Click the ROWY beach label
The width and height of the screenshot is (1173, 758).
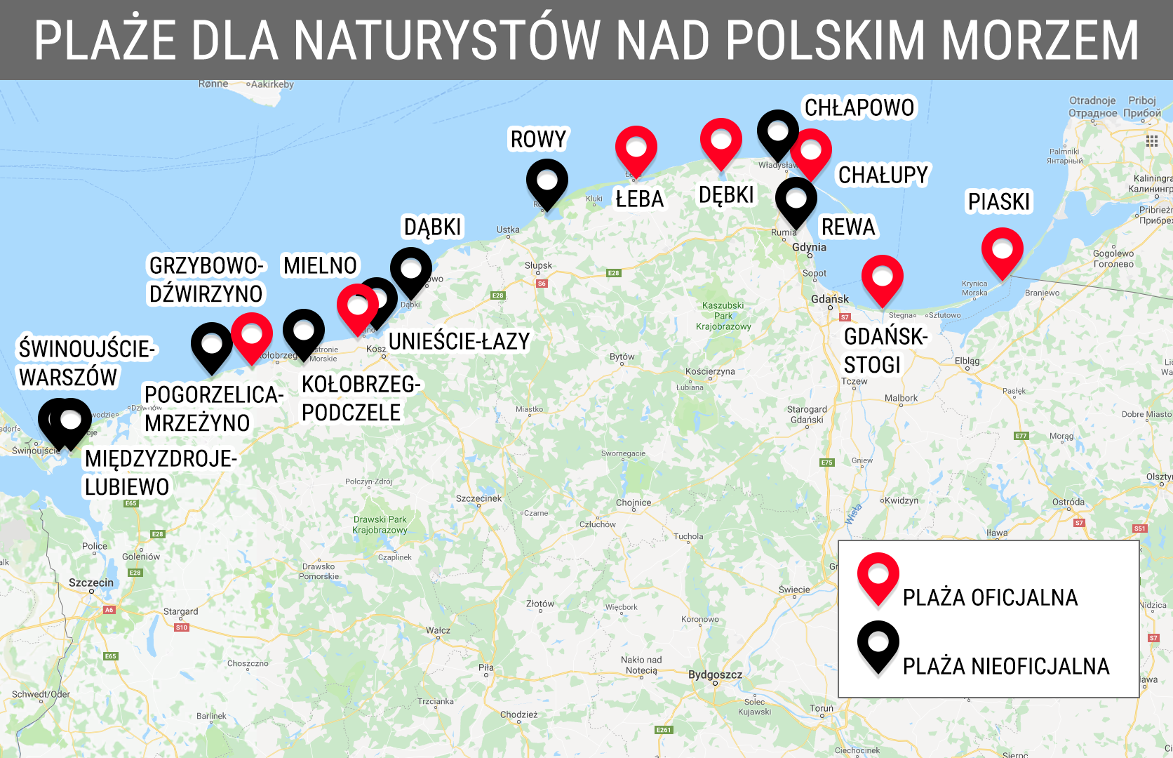(x=538, y=140)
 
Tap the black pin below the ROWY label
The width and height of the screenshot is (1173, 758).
(x=547, y=181)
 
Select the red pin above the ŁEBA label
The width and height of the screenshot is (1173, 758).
(x=636, y=148)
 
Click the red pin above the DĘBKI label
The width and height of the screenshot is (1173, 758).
(x=721, y=140)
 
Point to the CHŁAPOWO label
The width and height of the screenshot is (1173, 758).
(x=859, y=108)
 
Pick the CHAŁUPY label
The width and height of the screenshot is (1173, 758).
(x=883, y=175)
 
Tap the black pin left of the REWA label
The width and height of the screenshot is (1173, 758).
(x=796, y=199)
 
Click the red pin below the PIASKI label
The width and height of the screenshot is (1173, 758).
(x=1003, y=250)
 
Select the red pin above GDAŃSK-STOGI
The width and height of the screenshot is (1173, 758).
(x=883, y=277)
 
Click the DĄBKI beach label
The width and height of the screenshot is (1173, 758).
(x=433, y=227)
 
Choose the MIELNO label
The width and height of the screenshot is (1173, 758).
(x=321, y=266)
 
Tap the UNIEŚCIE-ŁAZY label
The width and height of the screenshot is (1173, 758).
(x=460, y=342)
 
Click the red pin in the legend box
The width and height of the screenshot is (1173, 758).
(x=878, y=576)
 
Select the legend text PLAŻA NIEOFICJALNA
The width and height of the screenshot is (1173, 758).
(x=1006, y=666)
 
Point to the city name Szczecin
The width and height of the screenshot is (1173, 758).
(x=91, y=583)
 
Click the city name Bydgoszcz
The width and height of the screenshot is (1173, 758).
(x=715, y=674)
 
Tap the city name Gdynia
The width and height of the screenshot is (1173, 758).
(x=809, y=247)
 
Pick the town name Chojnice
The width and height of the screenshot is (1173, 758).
(x=634, y=503)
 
